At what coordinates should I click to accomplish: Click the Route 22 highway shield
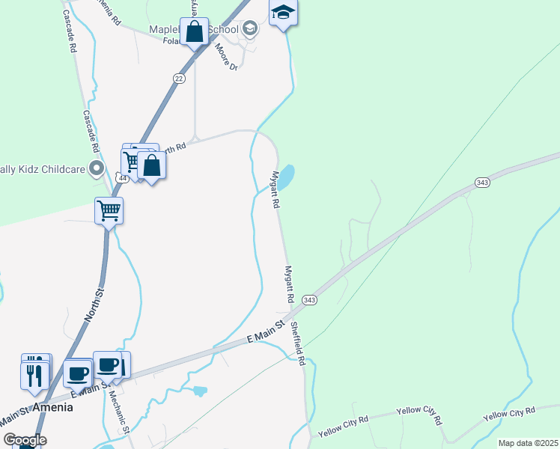(x=178, y=78)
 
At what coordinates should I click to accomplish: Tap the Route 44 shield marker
(x=121, y=177)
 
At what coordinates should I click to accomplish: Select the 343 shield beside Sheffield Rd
(x=310, y=299)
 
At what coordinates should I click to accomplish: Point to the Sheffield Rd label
(x=299, y=344)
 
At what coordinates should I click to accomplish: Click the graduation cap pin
(x=283, y=13)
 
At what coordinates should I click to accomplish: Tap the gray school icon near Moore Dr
(x=250, y=29)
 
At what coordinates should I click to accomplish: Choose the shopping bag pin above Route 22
(x=195, y=33)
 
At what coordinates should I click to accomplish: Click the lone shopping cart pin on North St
(x=109, y=211)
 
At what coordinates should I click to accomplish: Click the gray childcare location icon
(x=95, y=168)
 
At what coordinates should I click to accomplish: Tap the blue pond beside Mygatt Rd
(x=286, y=176)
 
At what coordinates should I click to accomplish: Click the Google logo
(x=25, y=440)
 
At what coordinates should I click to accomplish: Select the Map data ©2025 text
(x=527, y=443)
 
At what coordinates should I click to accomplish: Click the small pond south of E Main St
(x=199, y=390)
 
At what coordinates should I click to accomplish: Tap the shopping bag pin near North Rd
(x=151, y=165)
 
